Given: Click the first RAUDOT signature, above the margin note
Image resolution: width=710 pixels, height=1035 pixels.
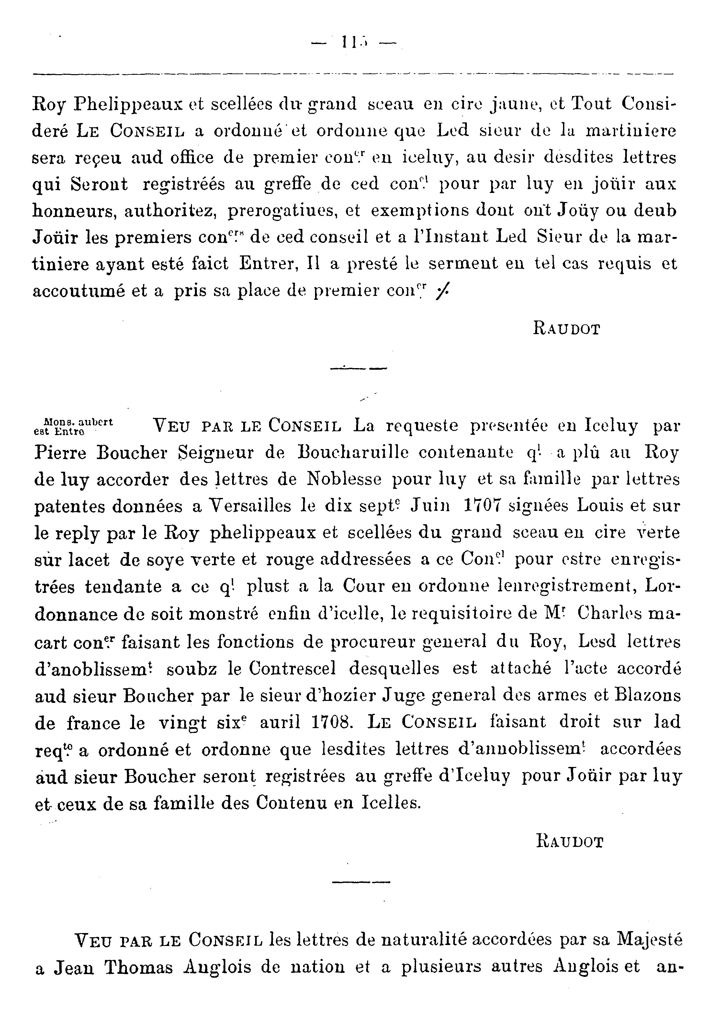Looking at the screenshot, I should click(x=567, y=330).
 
